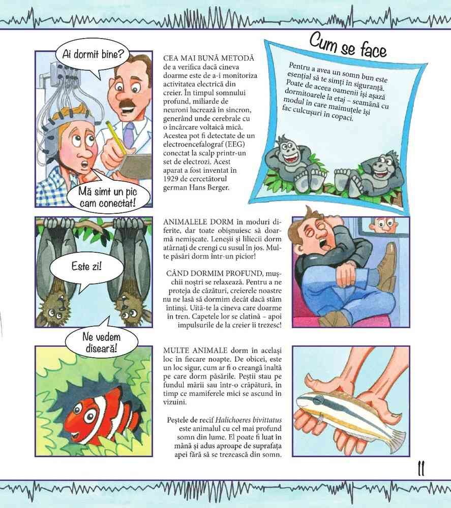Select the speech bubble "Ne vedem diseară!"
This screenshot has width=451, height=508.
point(101,342)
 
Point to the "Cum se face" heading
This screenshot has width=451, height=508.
point(348,46)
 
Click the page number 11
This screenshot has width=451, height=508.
point(421,468)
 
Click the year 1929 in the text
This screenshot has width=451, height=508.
point(172,179)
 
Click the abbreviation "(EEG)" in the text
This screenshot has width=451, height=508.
point(236,144)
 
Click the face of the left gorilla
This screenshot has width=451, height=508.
point(287,152)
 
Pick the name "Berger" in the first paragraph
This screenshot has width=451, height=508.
point(218,187)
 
